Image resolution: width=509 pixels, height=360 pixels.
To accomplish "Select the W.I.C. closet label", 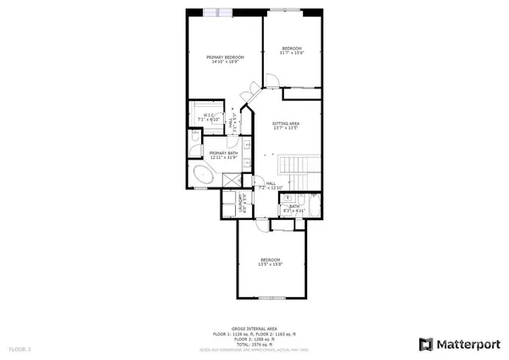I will click(x=207, y=117).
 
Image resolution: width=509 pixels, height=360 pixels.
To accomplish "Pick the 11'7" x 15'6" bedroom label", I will click(x=292, y=51).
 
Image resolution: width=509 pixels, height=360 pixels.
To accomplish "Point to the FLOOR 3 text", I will click(x=19, y=348).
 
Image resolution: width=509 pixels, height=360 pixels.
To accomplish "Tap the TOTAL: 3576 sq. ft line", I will click(x=255, y=345).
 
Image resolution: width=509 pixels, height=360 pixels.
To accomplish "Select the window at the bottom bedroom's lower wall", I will click(x=271, y=297).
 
